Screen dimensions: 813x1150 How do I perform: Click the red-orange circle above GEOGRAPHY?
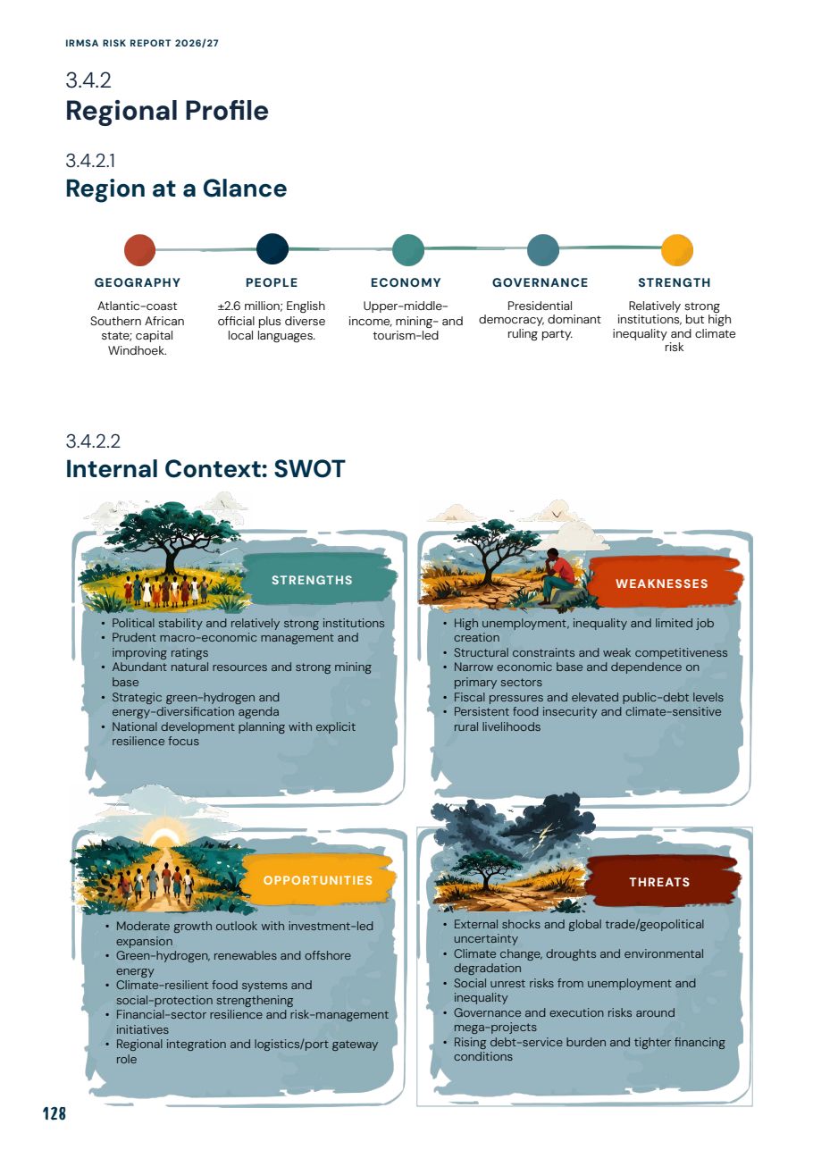click(139, 250)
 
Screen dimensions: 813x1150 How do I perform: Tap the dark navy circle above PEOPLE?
click(272, 249)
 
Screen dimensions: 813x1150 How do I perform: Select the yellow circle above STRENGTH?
click(677, 250)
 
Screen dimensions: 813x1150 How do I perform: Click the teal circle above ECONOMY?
click(408, 249)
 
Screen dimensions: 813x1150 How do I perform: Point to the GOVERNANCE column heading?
click(540, 282)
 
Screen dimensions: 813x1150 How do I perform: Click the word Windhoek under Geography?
click(137, 350)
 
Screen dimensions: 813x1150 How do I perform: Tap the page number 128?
click(54, 1113)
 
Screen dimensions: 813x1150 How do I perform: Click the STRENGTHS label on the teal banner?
click(312, 580)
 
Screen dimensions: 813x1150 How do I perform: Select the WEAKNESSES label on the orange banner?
click(662, 583)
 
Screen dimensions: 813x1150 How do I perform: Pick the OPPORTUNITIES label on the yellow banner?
click(318, 880)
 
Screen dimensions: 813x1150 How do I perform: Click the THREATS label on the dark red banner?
click(659, 882)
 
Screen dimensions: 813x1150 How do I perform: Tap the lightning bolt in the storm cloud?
click(547, 834)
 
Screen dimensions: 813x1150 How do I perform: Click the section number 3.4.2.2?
click(93, 441)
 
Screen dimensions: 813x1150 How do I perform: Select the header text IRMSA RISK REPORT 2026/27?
click(142, 43)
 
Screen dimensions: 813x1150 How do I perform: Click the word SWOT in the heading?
click(309, 469)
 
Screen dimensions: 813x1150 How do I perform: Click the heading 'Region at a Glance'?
click(176, 189)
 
